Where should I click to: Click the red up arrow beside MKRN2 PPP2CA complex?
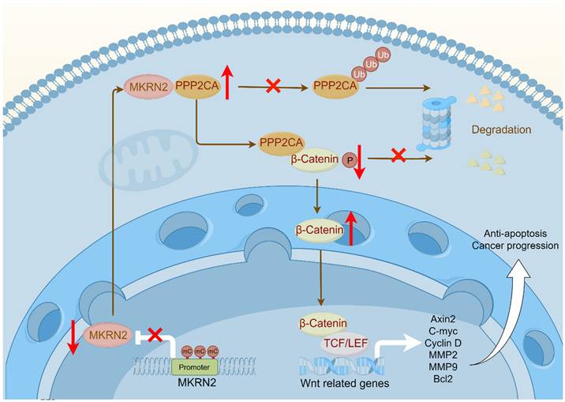coord(227,83)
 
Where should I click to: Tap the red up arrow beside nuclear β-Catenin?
coord(352,227)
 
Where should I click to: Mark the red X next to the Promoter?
coord(155,336)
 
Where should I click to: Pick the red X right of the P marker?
coord(399,156)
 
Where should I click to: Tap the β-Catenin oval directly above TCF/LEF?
coord(320,323)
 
